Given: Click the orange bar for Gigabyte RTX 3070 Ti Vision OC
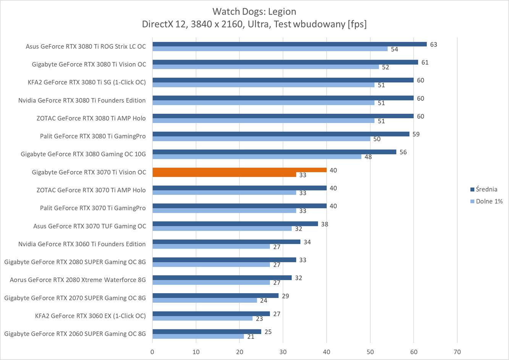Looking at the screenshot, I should coord(239,170).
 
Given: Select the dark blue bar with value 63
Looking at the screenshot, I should coord(289,44).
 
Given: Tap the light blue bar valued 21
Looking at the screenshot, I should coord(198,336).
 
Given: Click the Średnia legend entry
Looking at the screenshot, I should coord(486,189).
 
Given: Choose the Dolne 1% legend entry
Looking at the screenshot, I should coord(489,201).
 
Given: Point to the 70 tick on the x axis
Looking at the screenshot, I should coord(457,352).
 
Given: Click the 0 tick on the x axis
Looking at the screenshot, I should coord(152,352).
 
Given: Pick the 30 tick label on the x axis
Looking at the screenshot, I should coord(283,352).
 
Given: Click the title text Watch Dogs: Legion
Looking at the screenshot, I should coord(254,11).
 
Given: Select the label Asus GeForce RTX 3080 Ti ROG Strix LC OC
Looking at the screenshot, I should coord(86,47).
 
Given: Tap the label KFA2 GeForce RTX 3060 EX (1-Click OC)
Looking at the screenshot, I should coord(90,316).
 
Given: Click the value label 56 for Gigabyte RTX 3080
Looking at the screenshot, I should coord(403,152).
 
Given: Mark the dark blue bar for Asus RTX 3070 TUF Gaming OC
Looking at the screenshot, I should coord(235,224).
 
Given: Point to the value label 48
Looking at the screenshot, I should coord(368,157).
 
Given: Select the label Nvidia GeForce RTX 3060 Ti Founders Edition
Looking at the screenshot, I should coord(82,244).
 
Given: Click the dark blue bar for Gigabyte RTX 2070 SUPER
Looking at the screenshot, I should coord(215,295).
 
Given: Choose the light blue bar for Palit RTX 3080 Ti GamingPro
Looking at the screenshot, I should coord(261,139).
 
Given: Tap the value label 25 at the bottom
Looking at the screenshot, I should coord(268,332).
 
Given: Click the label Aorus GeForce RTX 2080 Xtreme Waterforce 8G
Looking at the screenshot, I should coord(78,280).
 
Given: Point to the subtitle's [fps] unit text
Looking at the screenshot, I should coord(357,24).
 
